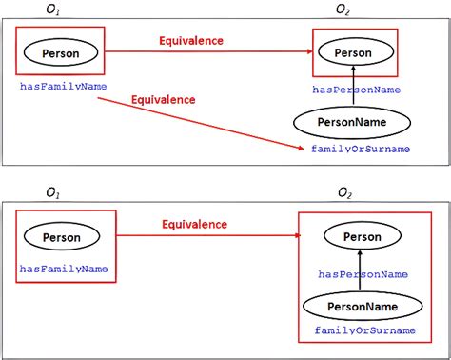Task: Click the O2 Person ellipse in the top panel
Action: [353, 53]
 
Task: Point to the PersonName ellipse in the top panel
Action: [351, 121]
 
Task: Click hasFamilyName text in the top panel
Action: [62, 87]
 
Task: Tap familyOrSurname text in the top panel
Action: [361, 150]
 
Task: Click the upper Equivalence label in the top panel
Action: [191, 41]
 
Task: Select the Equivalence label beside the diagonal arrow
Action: [163, 99]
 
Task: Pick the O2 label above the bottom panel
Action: [344, 194]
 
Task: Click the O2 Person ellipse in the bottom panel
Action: [361, 236]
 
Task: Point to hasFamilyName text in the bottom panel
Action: [64, 270]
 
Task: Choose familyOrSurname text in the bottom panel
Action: [364, 330]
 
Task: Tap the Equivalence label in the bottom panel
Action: [194, 225]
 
